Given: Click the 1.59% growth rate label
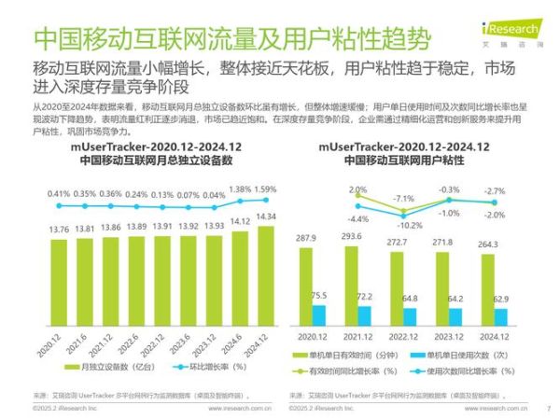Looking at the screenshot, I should [265, 189].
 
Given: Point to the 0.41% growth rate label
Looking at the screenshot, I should [59, 194].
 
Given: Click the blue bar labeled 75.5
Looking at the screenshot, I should [318, 314].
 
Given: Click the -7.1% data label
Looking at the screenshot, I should [403, 199].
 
